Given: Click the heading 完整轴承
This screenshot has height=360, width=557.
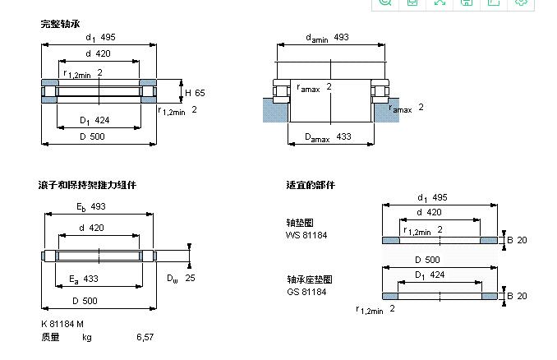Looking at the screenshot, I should click(60, 24).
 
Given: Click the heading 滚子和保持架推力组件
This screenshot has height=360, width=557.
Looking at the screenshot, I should click(87, 185).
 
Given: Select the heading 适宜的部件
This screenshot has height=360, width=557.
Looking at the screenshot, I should click(311, 185).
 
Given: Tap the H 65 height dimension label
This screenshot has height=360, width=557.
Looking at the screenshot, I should click(195, 92).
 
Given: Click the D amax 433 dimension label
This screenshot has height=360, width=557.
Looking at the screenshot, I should click(328, 137).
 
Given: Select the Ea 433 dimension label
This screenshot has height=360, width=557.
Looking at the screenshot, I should click(84, 279).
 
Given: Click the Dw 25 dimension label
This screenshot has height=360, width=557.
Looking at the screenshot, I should click(182, 279).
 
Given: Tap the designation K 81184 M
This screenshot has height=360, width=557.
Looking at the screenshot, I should click(63, 324).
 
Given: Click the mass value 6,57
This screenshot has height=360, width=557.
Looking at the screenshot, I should click(145, 337).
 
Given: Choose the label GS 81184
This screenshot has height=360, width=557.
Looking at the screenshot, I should click(306, 292).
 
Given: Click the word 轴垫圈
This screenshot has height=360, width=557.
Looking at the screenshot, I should click(300, 223).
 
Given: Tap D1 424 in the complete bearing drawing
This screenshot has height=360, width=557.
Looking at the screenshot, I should click(94, 121).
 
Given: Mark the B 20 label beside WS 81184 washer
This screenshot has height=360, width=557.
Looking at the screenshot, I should click(516, 240).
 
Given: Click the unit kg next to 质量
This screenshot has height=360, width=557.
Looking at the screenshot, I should click(86, 337).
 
